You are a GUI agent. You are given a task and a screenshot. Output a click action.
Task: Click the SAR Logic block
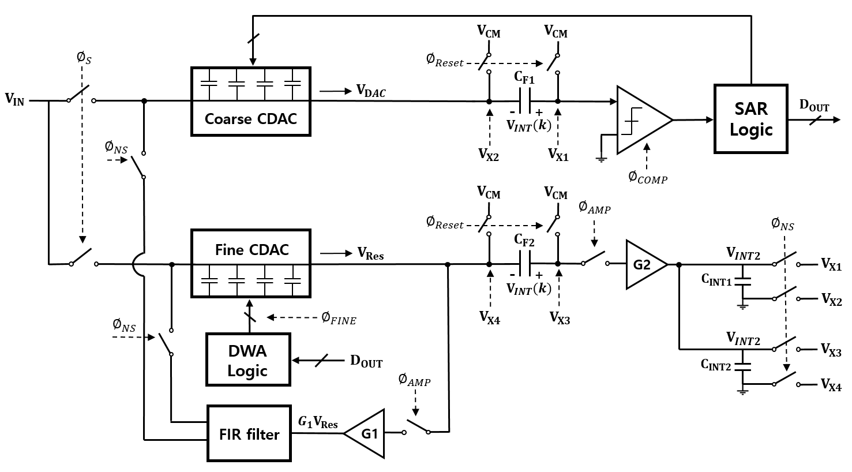click(x=750, y=119)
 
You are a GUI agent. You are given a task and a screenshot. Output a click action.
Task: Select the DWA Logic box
click(x=249, y=360)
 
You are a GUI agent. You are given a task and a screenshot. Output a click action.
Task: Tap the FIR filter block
click(x=249, y=433)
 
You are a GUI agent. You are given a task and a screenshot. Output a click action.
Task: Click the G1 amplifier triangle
click(x=364, y=433)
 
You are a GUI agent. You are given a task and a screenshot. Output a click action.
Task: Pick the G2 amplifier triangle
click(x=647, y=264)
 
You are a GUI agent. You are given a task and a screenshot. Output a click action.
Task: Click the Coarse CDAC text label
click(x=251, y=119)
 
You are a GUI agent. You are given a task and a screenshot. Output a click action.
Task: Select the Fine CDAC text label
click(x=252, y=250)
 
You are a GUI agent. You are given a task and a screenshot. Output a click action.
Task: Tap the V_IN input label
click(x=14, y=99)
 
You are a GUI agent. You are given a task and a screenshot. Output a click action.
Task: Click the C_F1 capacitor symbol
click(x=524, y=101)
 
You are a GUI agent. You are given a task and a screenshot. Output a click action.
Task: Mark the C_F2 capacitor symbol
click(x=524, y=264)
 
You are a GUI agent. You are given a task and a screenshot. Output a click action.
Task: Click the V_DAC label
click(x=371, y=91)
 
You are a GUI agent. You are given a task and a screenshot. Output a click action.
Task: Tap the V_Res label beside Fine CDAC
click(x=370, y=254)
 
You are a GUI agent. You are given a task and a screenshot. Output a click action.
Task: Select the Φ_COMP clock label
click(x=648, y=178)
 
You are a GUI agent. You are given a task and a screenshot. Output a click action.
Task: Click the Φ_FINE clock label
click(x=339, y=319)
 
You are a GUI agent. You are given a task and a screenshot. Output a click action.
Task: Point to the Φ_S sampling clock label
click(x=84, y=58)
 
